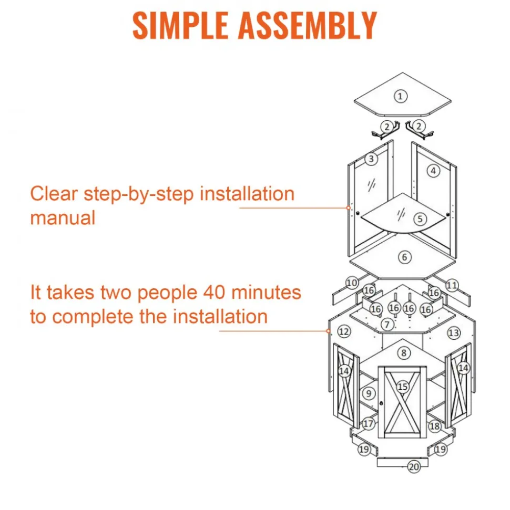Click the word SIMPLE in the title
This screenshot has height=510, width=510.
pyautogui.click(x=180, y=25)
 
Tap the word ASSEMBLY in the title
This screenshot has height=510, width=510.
pyautogui.click(x=308, y=25)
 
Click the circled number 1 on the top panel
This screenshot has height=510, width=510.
pyautogui.click(x=400, y=96)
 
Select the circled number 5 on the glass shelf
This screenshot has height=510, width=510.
pyautogui.click(x=420, y=219)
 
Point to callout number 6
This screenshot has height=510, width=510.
pyautogui.click(x=405, y=257)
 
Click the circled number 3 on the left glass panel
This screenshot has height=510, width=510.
pyautogui.click(x=371, y=159)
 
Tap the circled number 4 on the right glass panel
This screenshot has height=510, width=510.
pyautogui.click(x=433, y=171)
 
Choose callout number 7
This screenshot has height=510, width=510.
pyautogui.click(x=387, y=324)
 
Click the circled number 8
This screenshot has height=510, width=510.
pyautogui.click(x=404, y=353)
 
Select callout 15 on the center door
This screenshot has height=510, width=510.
pyautogui.click(x=403, y=387)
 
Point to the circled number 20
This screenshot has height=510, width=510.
pyautogui.click(x=414, y=467)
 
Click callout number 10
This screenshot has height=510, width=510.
pyautogui.click(x=352, y=283)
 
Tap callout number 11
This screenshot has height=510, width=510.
pyautogui.click(x=452, y=286)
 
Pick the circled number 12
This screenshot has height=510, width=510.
pyautogui.click(x=344, y=332)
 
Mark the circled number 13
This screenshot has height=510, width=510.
pyautogui.click(x=454, y=333)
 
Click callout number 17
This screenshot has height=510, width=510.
pyautogui.click(x=369, y=424)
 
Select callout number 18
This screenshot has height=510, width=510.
pyautogui.click(x=435, y=426)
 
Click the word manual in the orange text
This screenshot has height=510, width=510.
pyautogui.click(x=63, y=218)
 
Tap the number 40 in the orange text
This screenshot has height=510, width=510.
pyautogui.click(x=214, y=292)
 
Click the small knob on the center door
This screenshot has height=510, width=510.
pyautogui.click(x=381, y=403)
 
